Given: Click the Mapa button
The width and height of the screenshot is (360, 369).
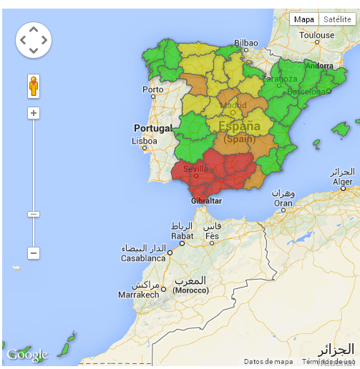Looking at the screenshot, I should (x=304, y=20).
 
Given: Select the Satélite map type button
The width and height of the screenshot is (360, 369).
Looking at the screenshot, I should (x=336, y=20).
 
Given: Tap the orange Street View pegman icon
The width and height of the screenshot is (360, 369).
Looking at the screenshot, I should (x=34, y=86).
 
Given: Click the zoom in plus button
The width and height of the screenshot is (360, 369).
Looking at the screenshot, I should (x=34, y=113).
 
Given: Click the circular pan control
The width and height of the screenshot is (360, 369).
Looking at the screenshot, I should (x=34, y=40).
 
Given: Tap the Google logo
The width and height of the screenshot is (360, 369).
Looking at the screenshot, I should (x=26, y=355).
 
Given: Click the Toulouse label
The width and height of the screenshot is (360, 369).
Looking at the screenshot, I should (x=316, y=35).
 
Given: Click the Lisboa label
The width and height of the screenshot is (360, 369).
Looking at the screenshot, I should (x=144, y=141).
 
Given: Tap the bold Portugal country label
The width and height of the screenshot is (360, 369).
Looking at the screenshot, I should (x=153, y=128).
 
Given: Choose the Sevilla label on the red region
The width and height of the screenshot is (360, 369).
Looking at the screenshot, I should (x=195, y=169).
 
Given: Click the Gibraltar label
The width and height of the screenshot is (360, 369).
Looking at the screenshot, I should (x=206, y=201).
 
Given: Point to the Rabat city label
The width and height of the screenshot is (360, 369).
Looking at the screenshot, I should (x=182, y=235).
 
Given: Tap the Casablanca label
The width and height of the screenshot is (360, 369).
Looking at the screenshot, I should (x=143, y=257).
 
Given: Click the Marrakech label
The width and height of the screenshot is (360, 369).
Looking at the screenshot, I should (x=138, y=294).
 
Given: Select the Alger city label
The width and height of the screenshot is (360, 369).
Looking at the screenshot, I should (x=341, y=182).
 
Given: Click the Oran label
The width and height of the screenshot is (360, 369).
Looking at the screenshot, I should (x=283, y=202).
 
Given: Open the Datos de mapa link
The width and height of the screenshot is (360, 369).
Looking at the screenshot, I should (x=268, y=362).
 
